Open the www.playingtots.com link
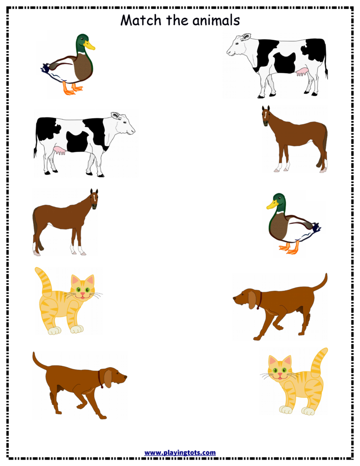click(x=180, y=452)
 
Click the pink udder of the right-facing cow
click(x=59, y=150)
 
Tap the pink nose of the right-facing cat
click(x=82, y=294)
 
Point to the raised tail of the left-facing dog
click(x=321, y=282)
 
